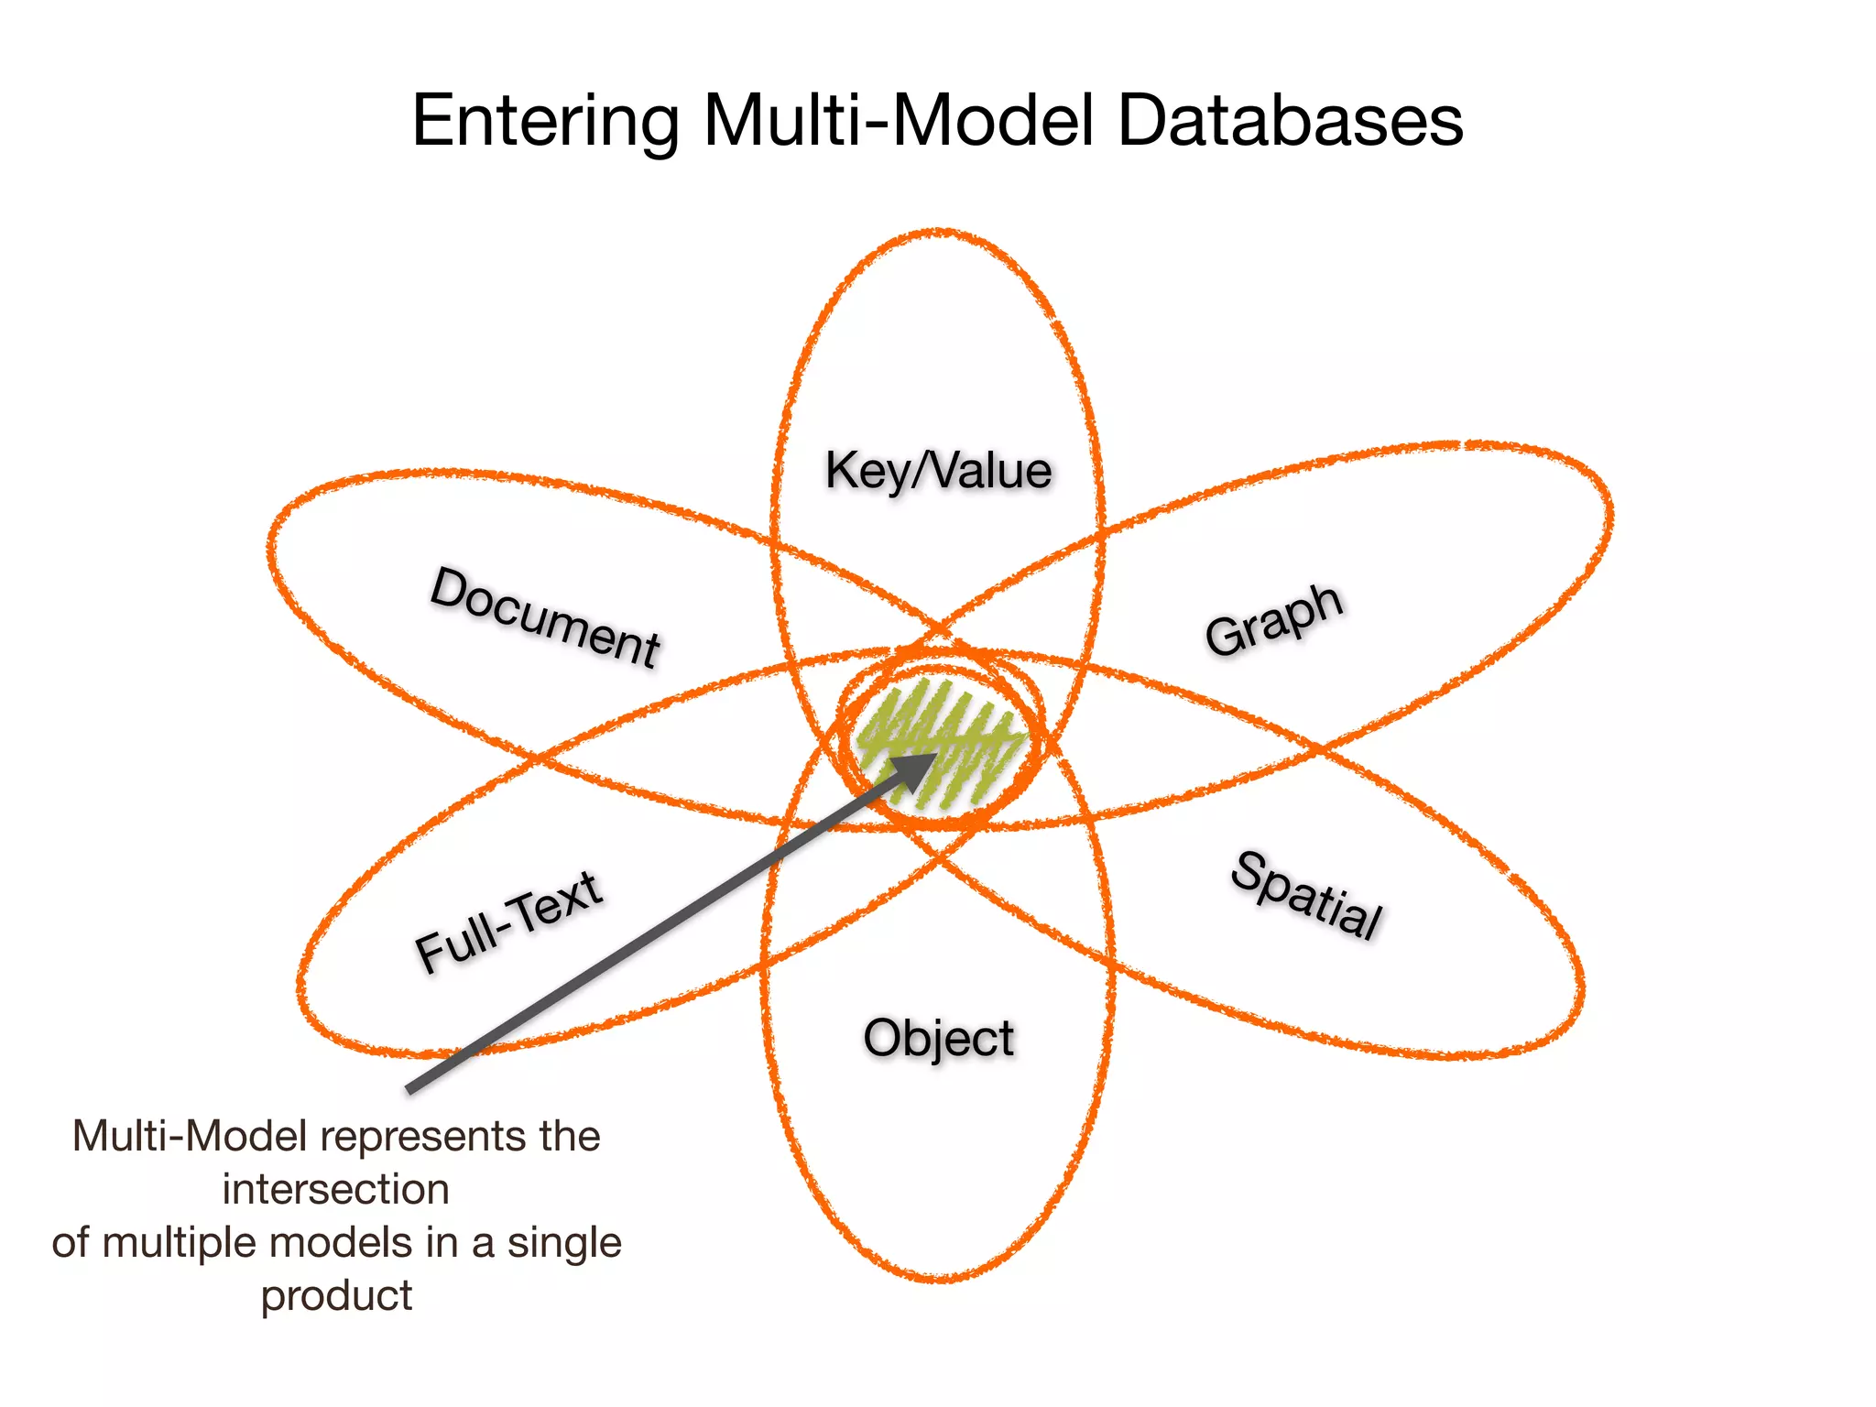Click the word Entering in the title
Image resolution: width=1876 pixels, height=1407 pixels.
(546, 121)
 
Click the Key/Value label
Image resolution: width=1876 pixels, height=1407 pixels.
(938, 471)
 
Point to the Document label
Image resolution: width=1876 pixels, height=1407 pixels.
(545, 616)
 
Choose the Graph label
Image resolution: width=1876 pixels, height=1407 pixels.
(1274, 619)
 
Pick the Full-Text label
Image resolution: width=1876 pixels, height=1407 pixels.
(509, 922)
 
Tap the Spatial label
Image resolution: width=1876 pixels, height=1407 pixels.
(1306, 896)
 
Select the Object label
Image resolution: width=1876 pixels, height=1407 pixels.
(938, 1039)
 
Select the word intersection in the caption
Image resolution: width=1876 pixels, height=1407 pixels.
(336, 1190)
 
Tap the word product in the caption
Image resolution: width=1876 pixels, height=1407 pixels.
(336, 1296)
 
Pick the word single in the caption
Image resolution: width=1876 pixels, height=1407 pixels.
(564, 1243)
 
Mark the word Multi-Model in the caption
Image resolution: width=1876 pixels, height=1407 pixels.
(189, 1137)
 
